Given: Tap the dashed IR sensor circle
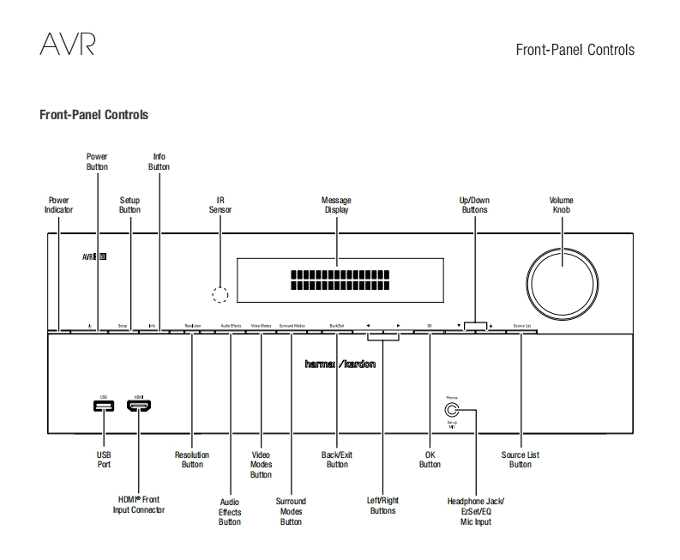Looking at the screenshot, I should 220,295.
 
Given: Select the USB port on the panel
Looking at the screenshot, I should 103,404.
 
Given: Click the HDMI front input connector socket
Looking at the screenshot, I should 139,404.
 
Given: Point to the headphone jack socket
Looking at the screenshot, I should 452,410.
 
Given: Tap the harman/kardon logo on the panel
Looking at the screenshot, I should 340,364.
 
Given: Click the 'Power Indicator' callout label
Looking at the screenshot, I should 58,205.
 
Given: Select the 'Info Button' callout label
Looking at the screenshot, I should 159,162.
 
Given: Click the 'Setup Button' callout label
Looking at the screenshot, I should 129,205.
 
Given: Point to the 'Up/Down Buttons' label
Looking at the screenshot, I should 474,205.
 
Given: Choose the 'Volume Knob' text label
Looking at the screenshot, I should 562,205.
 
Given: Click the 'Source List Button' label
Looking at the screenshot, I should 521,460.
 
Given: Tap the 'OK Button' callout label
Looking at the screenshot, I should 430,460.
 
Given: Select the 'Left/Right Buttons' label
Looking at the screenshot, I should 383,505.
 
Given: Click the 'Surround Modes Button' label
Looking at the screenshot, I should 291,511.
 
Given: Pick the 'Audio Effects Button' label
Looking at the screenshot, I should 230,511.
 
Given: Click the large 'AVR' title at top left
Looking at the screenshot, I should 67,45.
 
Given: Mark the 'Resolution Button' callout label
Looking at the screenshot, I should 192,460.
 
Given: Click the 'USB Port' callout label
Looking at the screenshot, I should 103,460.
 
